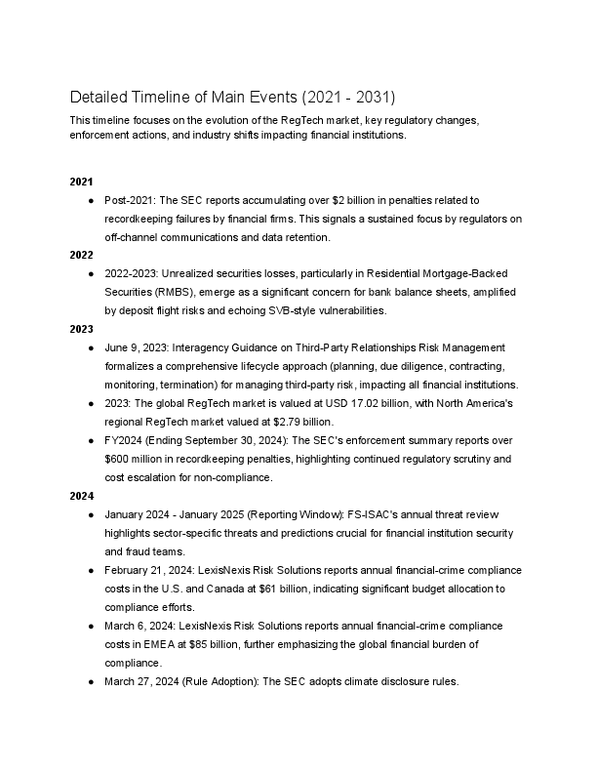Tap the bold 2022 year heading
81,254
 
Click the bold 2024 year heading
81,496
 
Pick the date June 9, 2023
139,347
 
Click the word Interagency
211,347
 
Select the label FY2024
125,439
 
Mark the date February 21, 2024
153,568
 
